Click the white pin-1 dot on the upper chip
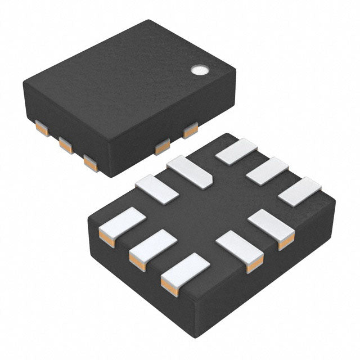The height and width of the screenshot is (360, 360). (199, 70)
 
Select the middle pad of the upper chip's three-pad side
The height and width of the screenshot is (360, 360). (66, 146)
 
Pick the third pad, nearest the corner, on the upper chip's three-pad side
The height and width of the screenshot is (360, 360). (90, 162)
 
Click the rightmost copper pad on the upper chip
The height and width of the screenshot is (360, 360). (190, 130)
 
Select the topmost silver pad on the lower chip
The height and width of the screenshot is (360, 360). (236, 151)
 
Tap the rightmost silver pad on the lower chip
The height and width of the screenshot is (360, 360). (299, 191)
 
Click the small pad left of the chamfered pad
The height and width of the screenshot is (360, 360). (156, 189)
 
